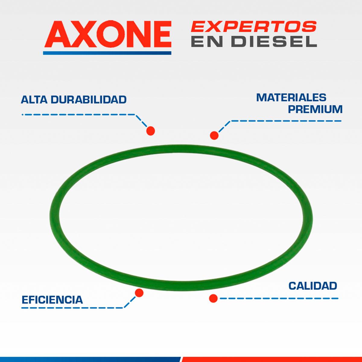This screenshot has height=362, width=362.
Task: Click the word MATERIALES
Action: [x=291, y=97]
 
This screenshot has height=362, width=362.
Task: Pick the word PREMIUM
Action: [x=315, y=109]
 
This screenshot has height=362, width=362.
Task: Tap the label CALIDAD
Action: [x=313, y=286]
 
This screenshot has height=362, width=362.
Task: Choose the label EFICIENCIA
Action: [x=52, y=300]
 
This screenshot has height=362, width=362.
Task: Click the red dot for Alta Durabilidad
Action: [x=151, y=131]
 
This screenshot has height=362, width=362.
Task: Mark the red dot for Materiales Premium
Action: [x=214, y=135]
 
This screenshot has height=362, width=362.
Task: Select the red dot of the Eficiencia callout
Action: [x=139, y=292]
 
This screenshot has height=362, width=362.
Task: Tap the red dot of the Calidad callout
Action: [x=213, y=298]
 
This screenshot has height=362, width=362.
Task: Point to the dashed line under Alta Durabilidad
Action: [x=78, y=115]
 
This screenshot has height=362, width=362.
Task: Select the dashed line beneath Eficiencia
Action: [x=72, y=308]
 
